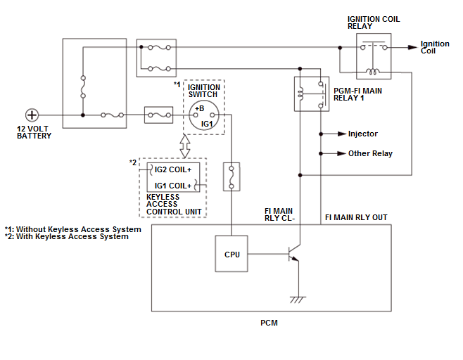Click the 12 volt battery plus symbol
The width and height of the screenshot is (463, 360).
pos(32,115)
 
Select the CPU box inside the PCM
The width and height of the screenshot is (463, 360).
pos(231,254)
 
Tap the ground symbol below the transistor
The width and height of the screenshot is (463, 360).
pos(299,298)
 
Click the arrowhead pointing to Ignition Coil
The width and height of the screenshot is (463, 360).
pos(412,48)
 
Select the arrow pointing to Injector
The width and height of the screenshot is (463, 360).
pos(341,134)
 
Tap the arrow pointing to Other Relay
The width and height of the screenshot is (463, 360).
pos(341,153)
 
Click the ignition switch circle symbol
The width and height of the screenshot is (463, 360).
pos(205,115)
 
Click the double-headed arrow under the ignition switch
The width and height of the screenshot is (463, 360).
pos(185,146)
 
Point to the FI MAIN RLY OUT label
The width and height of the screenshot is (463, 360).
pos(355,217)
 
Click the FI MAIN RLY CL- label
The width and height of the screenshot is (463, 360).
pos(279,214)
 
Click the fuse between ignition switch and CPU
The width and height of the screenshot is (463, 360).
pos(231,176)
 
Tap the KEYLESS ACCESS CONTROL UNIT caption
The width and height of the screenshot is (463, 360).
pos(174,205)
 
